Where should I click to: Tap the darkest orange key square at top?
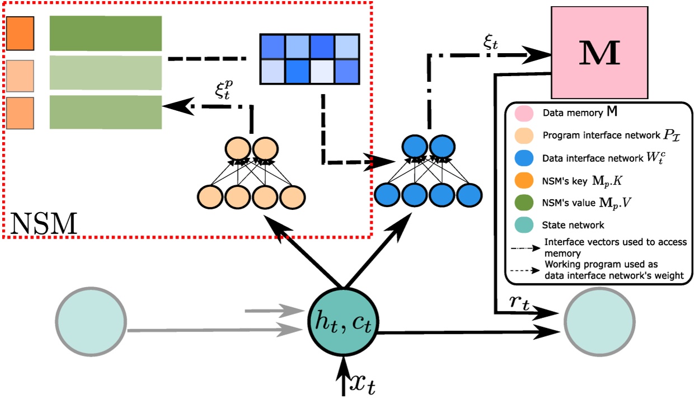[x=20, y=33]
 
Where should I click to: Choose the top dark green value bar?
[x=106, y=33]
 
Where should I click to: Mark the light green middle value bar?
[x=106, y=73]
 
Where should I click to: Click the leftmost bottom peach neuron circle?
[x=210, y=196]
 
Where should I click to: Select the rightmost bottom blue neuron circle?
[x=468, y=196]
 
